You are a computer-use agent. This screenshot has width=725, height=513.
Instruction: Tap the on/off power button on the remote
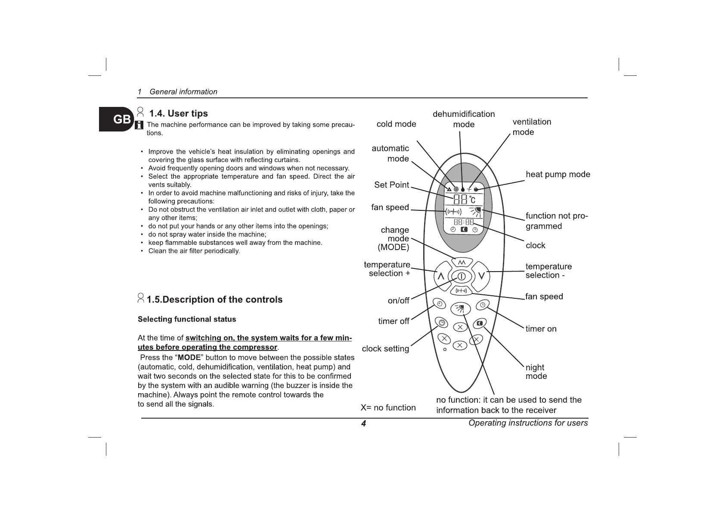coord(461,276)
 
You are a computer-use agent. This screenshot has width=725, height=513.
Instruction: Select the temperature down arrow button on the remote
coord(481,275)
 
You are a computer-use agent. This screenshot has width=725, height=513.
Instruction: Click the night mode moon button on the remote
coord(480,323)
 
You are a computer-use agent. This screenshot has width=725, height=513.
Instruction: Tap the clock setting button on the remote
coord(442,322)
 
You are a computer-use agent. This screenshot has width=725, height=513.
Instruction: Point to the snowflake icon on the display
coord(455,189)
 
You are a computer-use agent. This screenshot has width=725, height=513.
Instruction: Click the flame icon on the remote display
coord(476,189)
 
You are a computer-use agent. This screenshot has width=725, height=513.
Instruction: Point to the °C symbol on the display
coord(472,200)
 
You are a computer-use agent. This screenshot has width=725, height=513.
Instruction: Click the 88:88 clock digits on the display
coord(464,222)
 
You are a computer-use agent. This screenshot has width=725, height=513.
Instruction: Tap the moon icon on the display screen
coord(464,230)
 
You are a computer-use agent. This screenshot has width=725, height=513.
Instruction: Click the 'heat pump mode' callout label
coord(558,175)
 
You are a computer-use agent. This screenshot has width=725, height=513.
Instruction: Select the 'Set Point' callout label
coord(391,185)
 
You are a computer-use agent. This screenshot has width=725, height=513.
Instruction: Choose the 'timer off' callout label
coord(393,321)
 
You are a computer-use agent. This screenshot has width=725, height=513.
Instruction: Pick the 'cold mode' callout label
coord(396,124)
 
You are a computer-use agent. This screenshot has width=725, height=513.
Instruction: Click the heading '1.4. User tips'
coord(178,113)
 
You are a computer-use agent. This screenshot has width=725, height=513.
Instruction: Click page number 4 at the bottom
coord(363,423)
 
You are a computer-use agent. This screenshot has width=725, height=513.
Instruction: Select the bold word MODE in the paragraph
coord(189,357)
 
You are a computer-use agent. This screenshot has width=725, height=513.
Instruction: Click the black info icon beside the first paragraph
coord(139,125)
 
